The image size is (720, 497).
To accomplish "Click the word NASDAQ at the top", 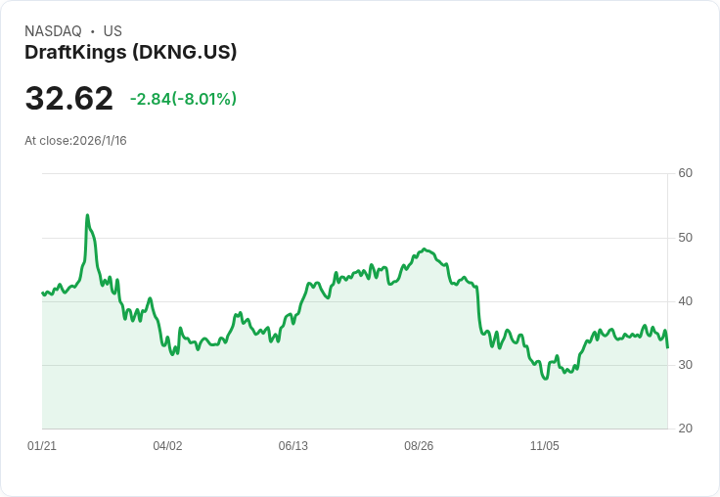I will point(53,31).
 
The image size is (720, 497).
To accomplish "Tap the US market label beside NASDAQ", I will point(112,31).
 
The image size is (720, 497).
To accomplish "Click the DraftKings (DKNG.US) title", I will point(131,53).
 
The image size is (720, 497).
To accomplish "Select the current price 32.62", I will point(68,99).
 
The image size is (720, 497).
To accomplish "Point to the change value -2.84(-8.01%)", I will point(183,99).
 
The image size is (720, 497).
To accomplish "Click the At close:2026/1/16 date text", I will point(75,141).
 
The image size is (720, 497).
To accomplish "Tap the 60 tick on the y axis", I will point(685,173).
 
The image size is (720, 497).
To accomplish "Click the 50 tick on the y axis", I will point(685,238).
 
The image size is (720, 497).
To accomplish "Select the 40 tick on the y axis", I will point(685,301).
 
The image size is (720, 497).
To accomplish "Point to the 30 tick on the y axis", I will point(685,365).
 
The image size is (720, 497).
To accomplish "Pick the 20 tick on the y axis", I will point(685,429).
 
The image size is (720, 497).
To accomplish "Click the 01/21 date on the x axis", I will point(42,446).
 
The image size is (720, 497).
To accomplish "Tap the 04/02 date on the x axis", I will point(167,446).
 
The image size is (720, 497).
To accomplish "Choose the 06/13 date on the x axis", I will point(292,446).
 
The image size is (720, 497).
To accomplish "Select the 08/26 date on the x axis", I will point(419,446).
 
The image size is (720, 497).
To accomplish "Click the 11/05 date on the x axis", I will point(544,446).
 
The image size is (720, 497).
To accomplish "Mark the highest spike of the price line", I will point(87,215).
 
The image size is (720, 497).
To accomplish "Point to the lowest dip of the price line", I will point(546,378).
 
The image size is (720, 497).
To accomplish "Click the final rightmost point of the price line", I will point(667,347).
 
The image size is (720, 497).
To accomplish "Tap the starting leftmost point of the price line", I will point(42,293).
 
